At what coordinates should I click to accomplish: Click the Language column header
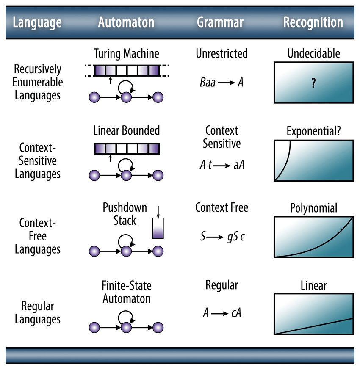pyautogui.click(x=37, y=22)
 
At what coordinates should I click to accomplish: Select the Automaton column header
pyautogui.click(x=126, y=22)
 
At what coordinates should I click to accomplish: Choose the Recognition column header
pyautogui.click(x=313, y=22)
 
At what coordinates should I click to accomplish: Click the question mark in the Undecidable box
pyautogui.click(x=313, y=83)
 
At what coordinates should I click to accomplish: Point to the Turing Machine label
pyautogui.click(x=126, y=54)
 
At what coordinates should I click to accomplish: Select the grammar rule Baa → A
pyautogui.click(x=222, y=82)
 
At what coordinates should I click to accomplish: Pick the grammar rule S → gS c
pyautogui.click(x=222, y=237)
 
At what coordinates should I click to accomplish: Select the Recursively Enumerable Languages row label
pyautogui.click(x=38, y=82)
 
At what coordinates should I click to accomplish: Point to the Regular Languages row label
pyautogui.click(x=38, y=312)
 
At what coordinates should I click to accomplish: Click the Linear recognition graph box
pyautogui.click(x=313, y=314)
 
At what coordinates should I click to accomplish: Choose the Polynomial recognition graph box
pyautogui.click(x=313, y=237)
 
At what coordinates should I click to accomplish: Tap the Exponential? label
pyautogui.click(x=313, y=131)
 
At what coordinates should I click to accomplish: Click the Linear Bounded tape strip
pyautogui.click(x=126, y=148)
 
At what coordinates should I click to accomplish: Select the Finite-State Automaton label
pyautogui.click(x=126, y=292)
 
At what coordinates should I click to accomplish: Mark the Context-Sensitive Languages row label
pyautogui.click(x=38, y=160)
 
